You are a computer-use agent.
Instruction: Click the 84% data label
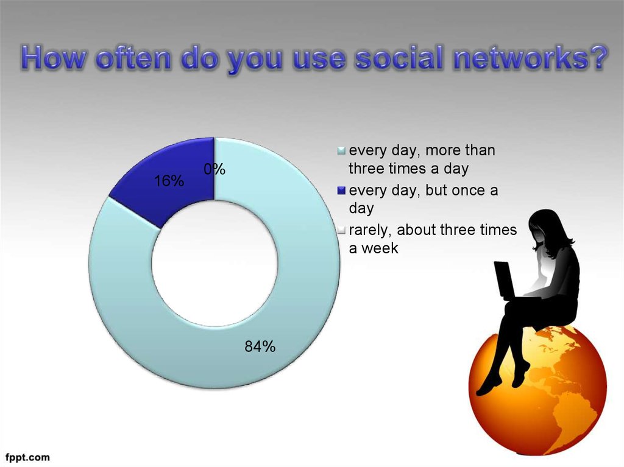260,347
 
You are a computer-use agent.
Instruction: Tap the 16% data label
169,181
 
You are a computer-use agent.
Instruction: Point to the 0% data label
214,169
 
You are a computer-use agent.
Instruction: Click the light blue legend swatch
341,151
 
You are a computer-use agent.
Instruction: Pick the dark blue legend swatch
341,191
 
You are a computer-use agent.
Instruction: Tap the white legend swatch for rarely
341,230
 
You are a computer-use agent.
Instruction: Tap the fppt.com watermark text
28,457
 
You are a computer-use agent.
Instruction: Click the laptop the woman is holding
505,281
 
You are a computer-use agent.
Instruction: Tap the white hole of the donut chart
214,263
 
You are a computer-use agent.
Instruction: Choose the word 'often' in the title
133,58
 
